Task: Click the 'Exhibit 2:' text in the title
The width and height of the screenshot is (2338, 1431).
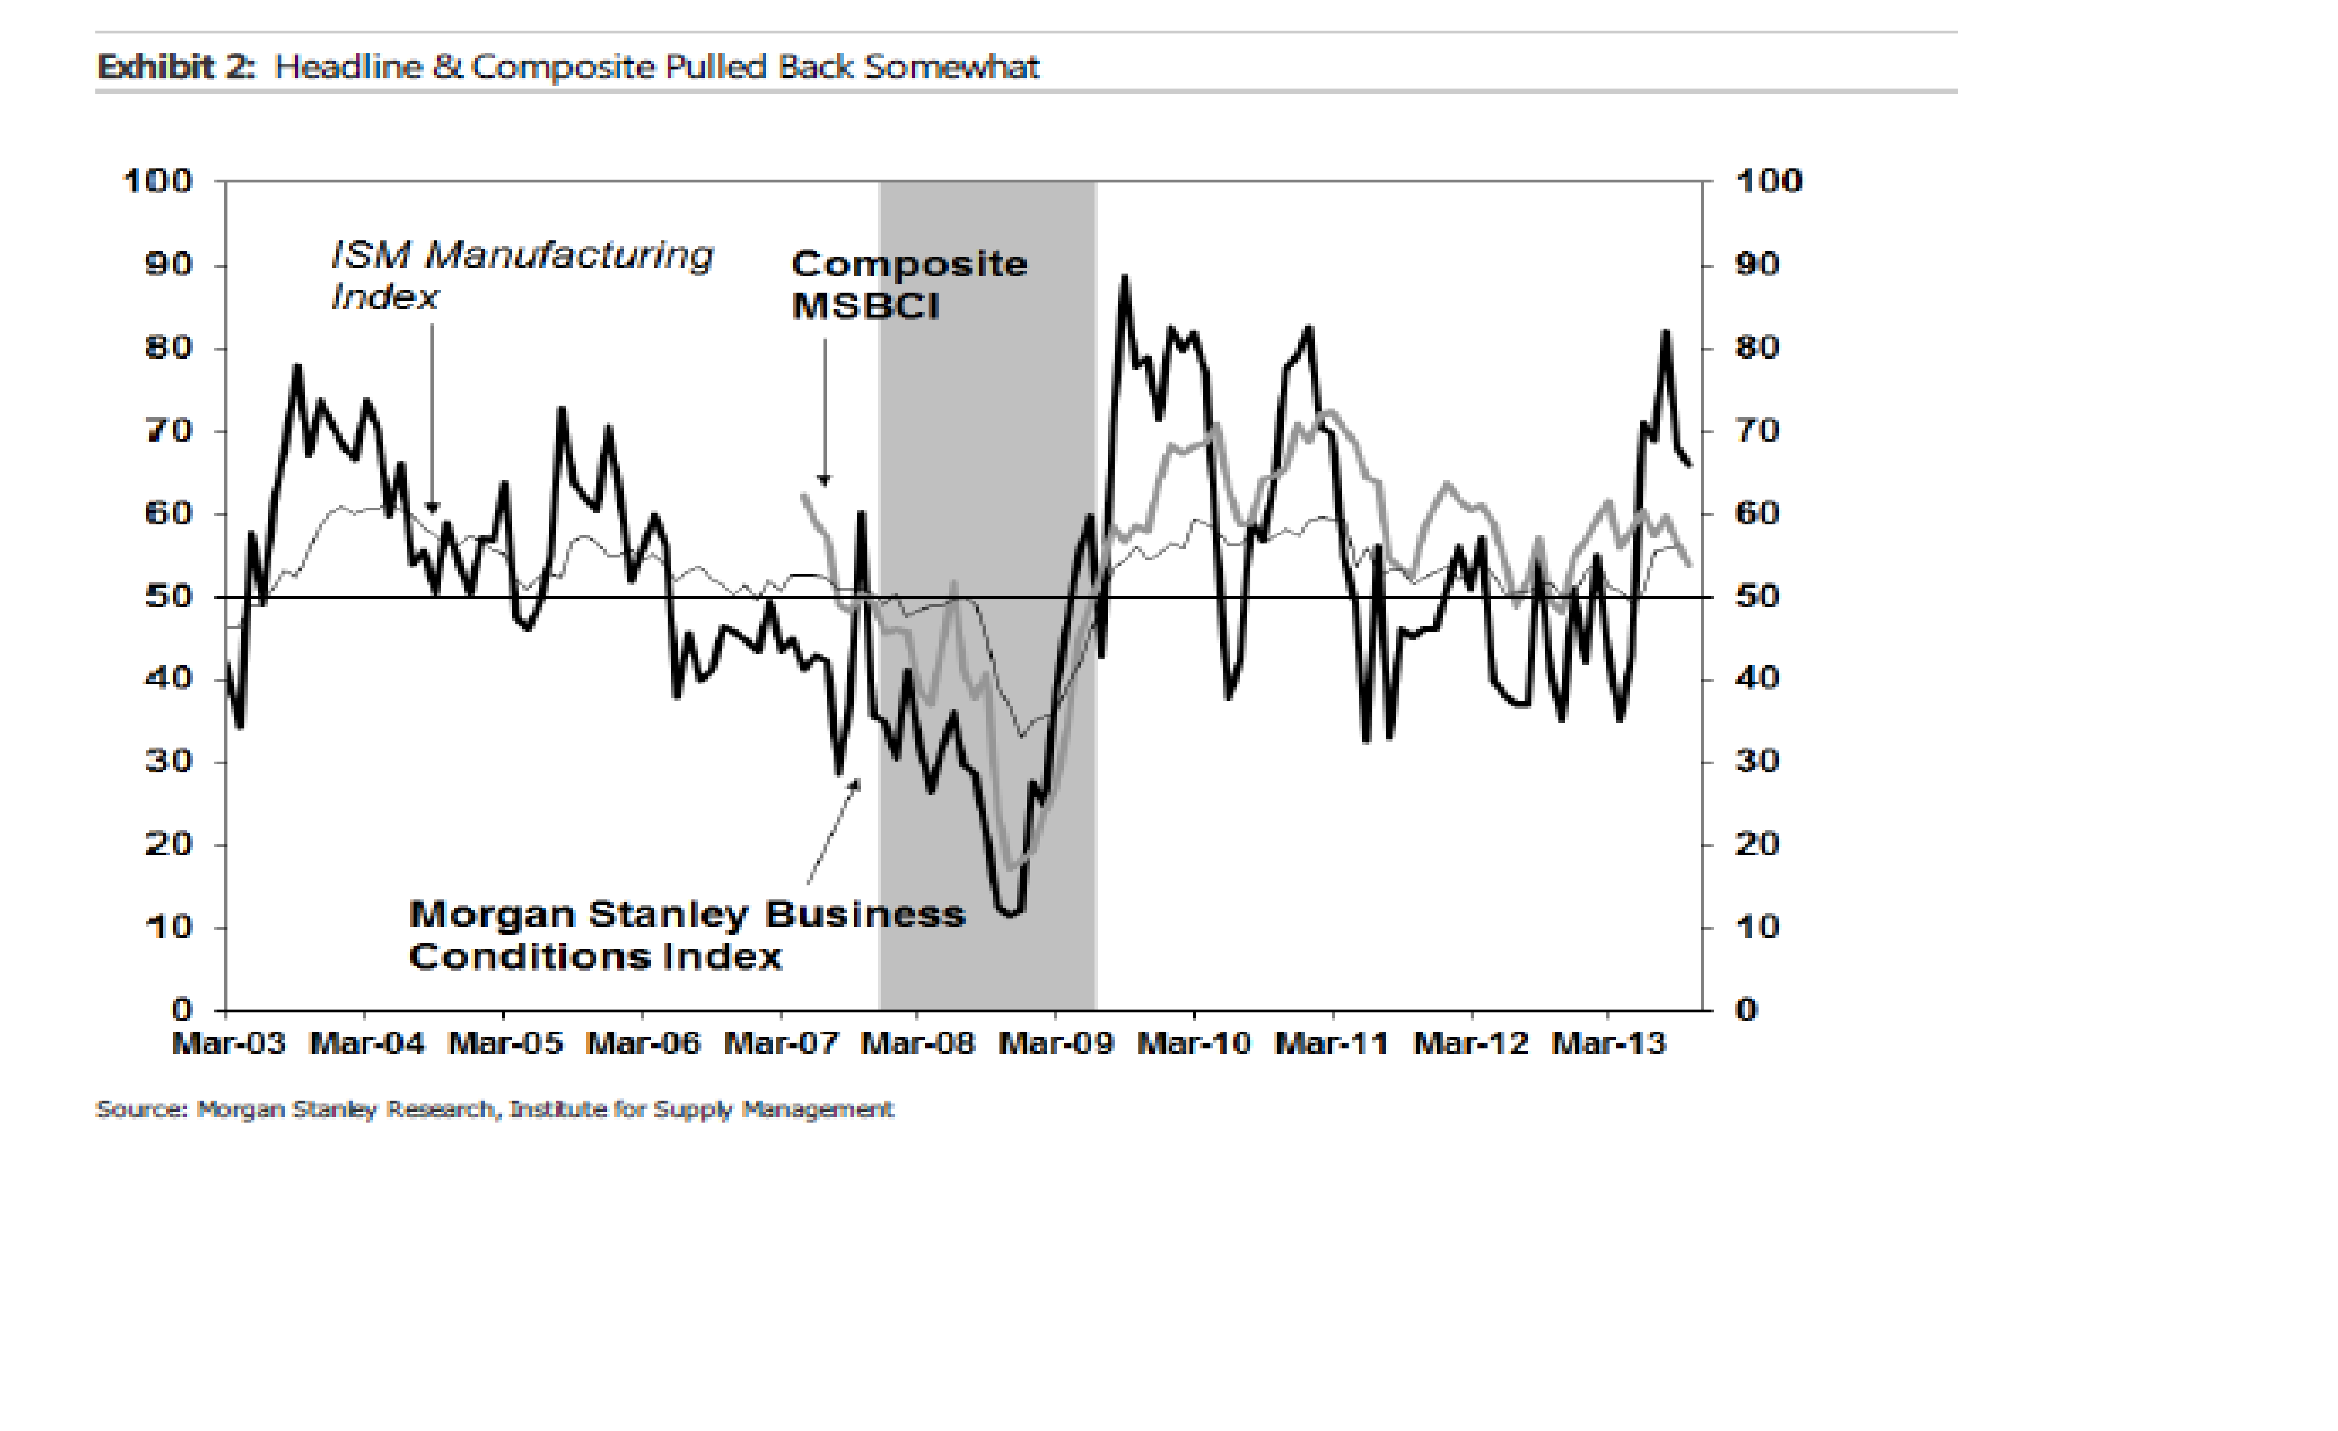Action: coord(176,67)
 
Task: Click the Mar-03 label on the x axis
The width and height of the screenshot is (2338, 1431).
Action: coord(229,1044)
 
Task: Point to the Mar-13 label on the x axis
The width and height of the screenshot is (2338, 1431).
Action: coord(1608,1044)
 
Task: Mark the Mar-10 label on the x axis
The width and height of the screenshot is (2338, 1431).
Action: coord(1194,1044)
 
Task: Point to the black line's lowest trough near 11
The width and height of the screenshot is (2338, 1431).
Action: coord(1011,915)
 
